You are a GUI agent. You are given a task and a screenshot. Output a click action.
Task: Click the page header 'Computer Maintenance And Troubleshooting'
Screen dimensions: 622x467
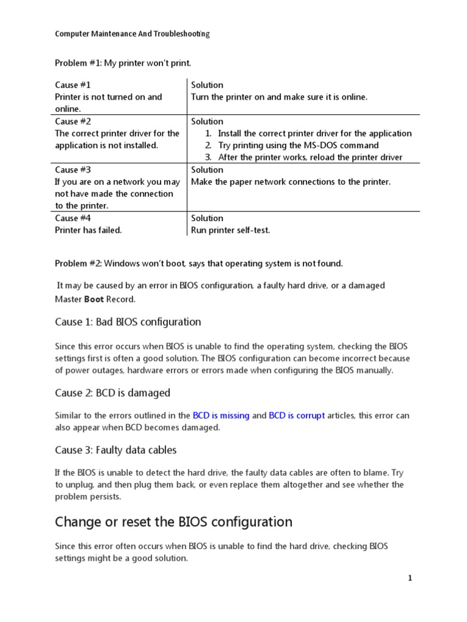point(132,35)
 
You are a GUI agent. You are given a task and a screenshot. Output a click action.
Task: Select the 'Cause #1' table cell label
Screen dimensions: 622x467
point(73,85)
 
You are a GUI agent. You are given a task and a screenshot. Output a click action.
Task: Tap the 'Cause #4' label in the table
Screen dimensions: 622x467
point(73,218)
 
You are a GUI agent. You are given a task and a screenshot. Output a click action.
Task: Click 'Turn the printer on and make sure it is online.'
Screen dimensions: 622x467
point(279,97)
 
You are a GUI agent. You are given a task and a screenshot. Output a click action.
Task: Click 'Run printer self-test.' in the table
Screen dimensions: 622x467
point(230,230)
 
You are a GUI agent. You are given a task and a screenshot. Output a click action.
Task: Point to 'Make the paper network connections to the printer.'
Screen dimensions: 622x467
point(291,182)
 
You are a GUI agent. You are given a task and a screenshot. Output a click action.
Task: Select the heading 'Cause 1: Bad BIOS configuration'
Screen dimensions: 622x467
point(128,322)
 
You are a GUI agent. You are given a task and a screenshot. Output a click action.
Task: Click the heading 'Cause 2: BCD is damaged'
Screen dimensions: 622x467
point(112,393)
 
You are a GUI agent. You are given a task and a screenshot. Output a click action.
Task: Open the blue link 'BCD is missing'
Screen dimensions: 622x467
point(221,416)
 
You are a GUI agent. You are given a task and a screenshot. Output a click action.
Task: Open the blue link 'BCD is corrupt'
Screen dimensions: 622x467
point(297,416)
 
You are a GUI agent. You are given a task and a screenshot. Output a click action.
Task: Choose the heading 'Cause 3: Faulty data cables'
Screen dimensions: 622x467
point(116,450)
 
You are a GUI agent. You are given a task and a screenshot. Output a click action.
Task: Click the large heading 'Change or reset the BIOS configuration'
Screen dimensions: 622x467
point(173,522)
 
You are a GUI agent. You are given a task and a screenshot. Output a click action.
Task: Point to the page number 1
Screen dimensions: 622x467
point(410,579)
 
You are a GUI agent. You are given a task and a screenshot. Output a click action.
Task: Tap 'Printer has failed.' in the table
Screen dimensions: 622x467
point(88,230)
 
